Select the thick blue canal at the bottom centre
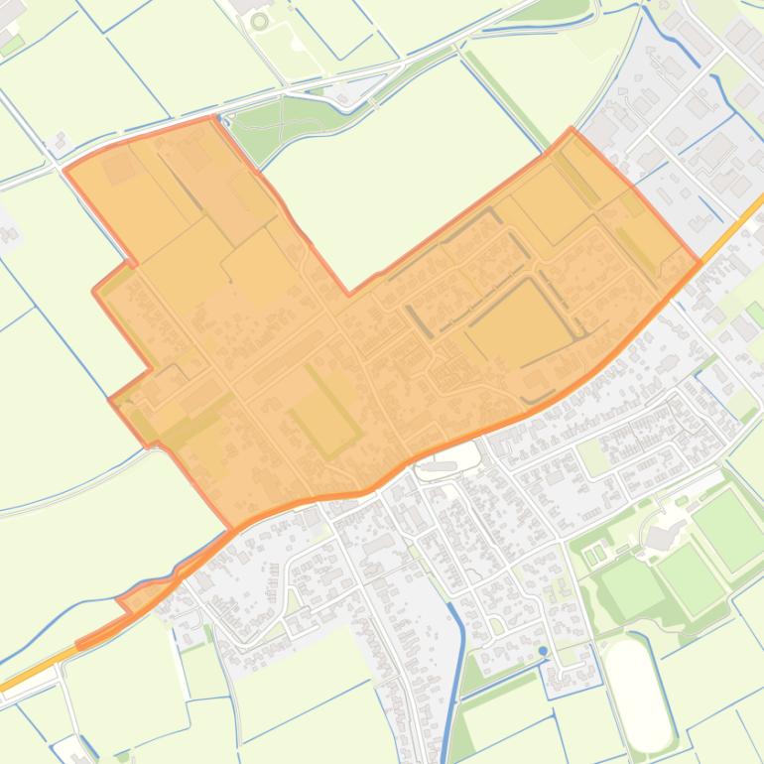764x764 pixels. point(455,675)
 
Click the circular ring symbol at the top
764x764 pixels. point(260,21)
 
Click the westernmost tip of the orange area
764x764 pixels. point(65,171)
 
